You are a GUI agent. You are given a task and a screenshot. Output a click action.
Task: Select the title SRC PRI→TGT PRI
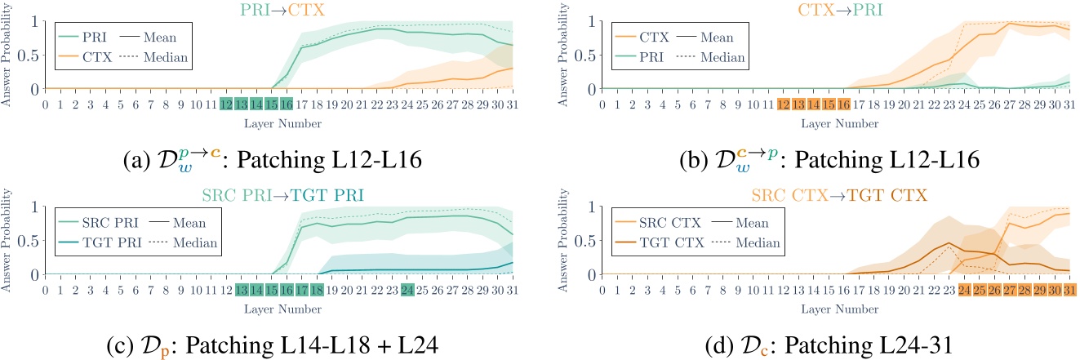281,194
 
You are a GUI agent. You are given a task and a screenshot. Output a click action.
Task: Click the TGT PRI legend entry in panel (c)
100,242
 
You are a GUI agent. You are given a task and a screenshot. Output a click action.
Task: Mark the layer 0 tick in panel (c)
46,291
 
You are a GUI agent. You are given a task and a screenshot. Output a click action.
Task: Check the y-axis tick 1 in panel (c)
33,207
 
